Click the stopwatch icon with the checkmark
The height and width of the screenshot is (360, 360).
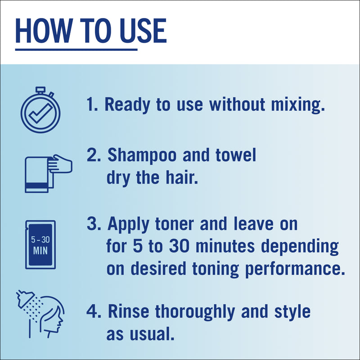tap(40, 110)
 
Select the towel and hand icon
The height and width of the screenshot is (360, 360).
tap(49, 174)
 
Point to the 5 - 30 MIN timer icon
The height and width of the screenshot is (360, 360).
tap(40, 245)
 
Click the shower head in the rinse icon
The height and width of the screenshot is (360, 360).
tap(25, 299)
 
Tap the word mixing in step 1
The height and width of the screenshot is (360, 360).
tap(298, 105)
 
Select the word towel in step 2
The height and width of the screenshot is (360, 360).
tap(236, 155)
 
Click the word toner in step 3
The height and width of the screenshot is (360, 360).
tap(175, 224)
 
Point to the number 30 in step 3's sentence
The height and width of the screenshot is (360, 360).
tap(179, 246)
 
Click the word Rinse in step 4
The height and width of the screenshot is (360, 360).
tap(128, 311)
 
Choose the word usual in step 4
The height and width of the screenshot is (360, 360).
tap(151, 334)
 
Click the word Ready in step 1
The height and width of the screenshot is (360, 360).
tap(127, 105)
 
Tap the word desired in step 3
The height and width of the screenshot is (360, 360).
tap(158, 268)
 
